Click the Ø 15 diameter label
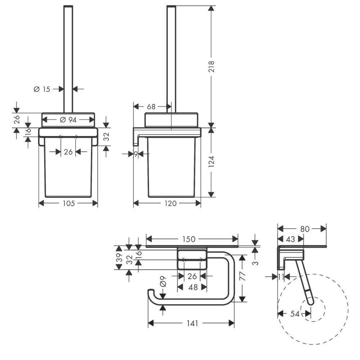42,89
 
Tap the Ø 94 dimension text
68,120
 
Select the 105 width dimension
69,203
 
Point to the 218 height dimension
211,67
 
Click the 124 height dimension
211,161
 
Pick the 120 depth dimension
170,203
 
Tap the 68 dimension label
151,107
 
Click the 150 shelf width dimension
189,239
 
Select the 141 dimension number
192,324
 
